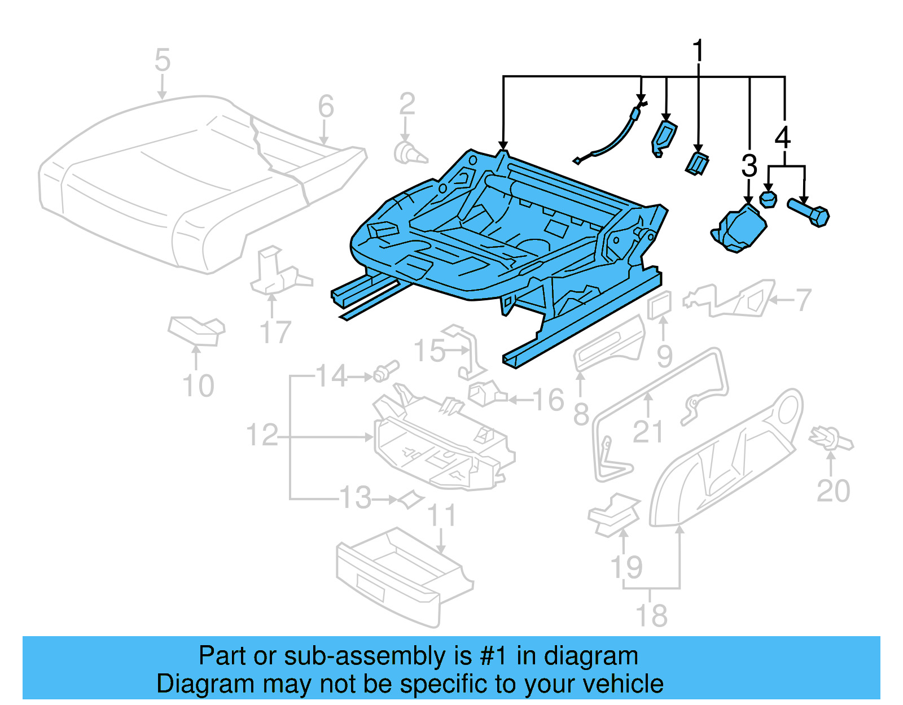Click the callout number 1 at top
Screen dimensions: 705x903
pyautogui.click(x=698, y=51)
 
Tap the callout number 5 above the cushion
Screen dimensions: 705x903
pyautogui.click(x=162, y=60)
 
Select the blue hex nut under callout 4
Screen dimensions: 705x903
pyautogui.click(x=768, y=199)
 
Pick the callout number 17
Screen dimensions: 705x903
pyautogui.click(x=275, y=332)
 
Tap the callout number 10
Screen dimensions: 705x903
pyautogui.click(x=198, y=386)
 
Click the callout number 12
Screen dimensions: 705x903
pyautogui.click(x=262, y=435)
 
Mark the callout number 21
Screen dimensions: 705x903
pyautogui.click(x=647, y=432)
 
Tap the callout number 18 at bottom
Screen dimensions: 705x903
pyautogui.click(x=651, y=615)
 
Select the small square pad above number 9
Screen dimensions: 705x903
pyautogui.click(x=660, y=305)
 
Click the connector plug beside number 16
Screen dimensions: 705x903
pyautogui.click(x=485, y=393)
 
